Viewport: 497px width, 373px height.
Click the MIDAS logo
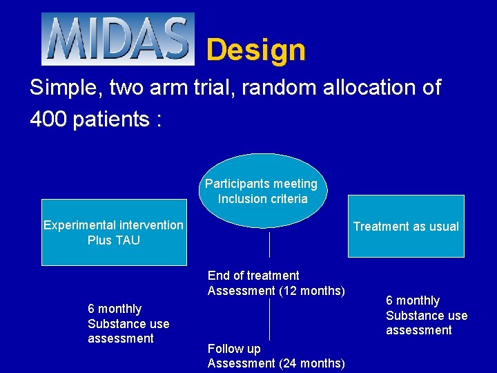[118, 39]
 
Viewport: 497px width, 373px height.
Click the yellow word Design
[255, 50]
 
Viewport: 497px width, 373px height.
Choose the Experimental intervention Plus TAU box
[114, 233]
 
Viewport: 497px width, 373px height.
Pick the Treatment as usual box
[406, 227]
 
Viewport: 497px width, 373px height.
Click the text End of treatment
[253, 276]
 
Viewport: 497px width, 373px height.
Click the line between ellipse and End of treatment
[269, 245]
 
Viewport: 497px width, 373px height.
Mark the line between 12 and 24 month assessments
[269, 319]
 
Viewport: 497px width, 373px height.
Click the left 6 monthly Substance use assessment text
[128, 323]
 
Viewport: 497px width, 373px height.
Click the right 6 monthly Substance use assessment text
[426, 316]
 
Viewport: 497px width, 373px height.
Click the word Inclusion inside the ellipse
[242, 199]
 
